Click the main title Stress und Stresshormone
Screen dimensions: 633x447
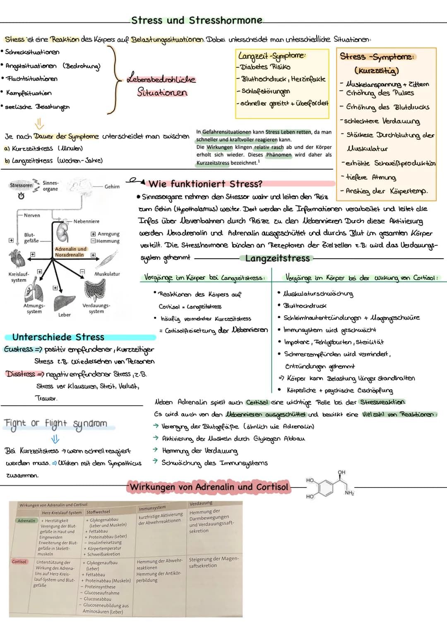pyautogui.click(x=197, y=20)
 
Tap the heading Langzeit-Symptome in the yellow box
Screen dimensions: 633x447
pyautogui.click(x=272, y=55)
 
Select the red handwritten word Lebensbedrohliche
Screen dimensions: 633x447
pyautogui.click(x=161, y=79)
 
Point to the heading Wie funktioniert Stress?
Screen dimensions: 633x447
pyautogui.click(x=205, y=184)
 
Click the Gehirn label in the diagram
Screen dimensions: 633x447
pyautogui.click(x=112, y=187)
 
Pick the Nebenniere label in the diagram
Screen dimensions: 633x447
pyautogui.click(x=86, y=221)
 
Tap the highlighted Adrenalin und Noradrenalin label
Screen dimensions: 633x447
pyautogui.click(x=70, y=252)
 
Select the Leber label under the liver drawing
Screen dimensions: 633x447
pyautogui.click(x=64, y=315)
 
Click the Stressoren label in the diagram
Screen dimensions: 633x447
pyautogui.click(x=21, y=186)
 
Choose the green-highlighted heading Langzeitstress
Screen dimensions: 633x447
pyautogui.click(x=277, y=259)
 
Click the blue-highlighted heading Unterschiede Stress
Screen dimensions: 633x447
pyautogui.click(x=58, y=337)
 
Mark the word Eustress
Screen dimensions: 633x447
pyautogui.click(x=18, y=349)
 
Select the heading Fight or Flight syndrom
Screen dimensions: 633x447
pyautogui.click(x=55, y=424)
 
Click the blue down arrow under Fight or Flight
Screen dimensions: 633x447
pyautogui.click(x=55, y=439)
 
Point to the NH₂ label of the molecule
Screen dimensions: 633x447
pyautogui.click(x=349, y=493)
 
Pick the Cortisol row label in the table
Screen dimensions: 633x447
pyautogui.click(x=19, y=562)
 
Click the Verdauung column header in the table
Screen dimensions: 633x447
pyautogui.click(x=201, y=503)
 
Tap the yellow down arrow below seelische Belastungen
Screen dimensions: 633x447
pyautogui.click(x=39, y=123)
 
